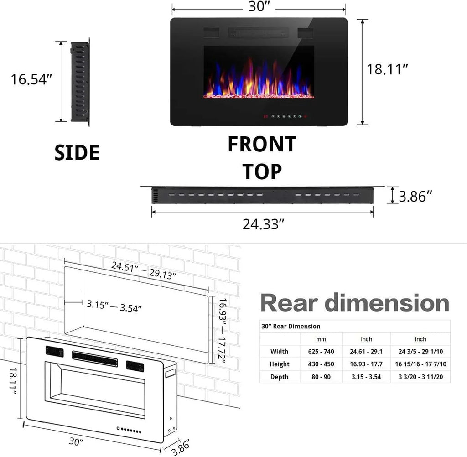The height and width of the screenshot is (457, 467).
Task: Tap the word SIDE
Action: pos(77,153)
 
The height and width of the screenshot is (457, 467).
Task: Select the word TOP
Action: pos(262,171)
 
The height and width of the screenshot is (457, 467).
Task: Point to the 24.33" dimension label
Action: pos(264,224)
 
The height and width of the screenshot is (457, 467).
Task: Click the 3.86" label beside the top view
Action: pos(415,197)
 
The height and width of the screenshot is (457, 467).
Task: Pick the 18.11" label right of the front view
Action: pos(387,70)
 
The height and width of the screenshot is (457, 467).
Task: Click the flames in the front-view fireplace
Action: pos(258,80)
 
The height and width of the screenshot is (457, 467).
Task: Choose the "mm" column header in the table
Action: pos(321,339)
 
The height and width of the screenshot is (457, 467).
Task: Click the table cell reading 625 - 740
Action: pos(321,352)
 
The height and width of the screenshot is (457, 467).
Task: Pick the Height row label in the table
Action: pos(279,364)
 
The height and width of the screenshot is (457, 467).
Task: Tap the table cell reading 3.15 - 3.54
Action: pos(366,377)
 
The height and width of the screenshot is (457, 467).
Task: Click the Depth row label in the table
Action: pos(279,377)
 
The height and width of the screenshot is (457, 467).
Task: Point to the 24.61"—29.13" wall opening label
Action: pos(144,271)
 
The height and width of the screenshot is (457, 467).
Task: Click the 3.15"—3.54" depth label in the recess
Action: pos(114,306)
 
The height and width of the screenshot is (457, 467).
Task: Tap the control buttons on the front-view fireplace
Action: pos(285,116)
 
